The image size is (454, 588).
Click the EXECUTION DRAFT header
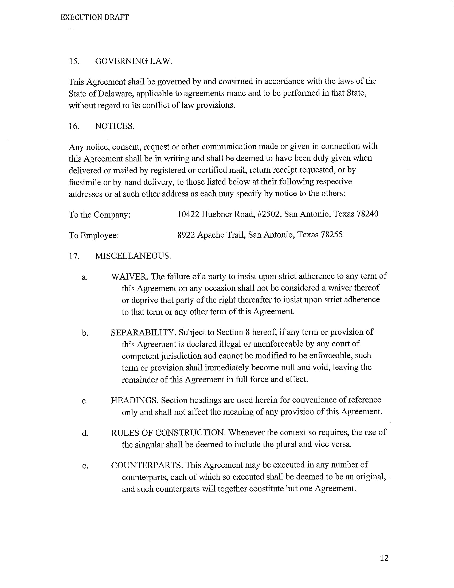[95, 17]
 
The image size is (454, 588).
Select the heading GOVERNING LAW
[134, 61]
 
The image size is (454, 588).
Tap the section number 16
[74, 126]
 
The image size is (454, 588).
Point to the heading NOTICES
[115, 126]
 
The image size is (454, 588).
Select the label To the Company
[100, 215]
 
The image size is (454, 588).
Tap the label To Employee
[93, 235]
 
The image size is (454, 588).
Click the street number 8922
[186, 235]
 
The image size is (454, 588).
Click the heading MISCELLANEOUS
[133, 256]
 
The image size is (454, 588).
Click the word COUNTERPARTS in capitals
[147, 465]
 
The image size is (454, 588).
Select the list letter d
[85, 433]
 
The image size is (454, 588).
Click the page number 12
[384, 558]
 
